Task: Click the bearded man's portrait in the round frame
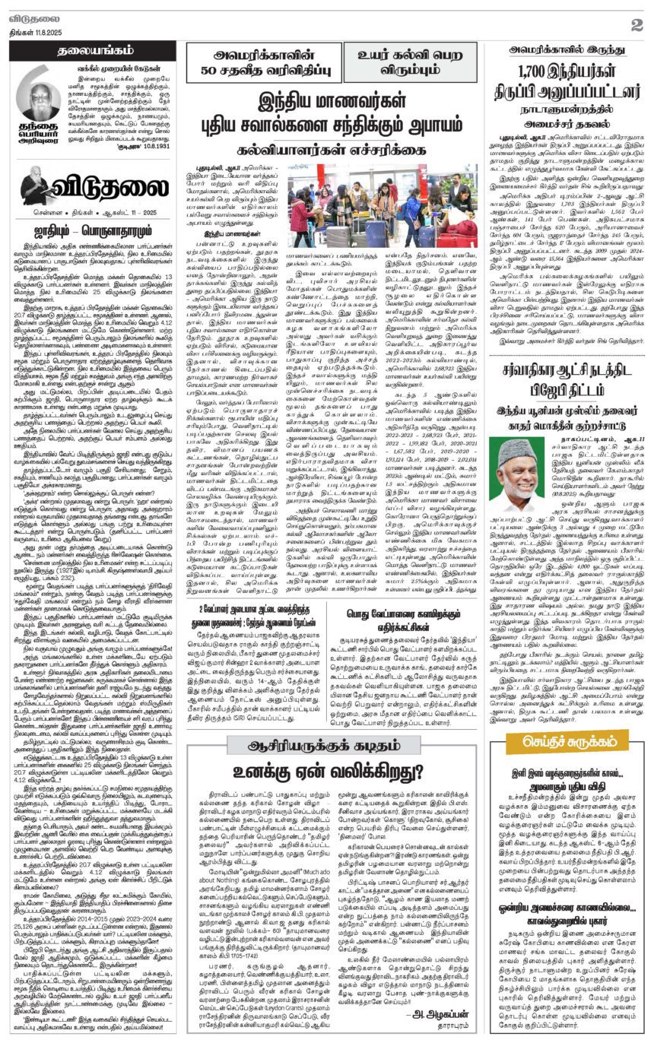(38, 100)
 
